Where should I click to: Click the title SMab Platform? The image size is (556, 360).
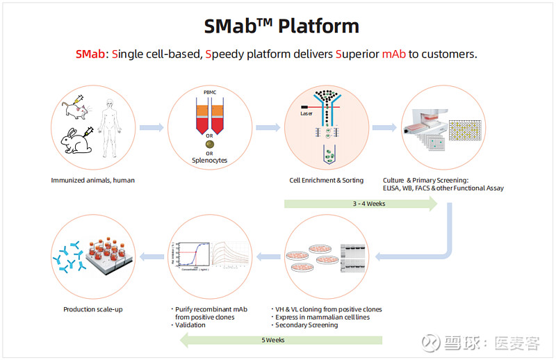pos(281,26)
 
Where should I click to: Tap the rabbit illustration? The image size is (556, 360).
pos(76,141)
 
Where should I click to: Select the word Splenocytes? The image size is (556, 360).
pos(210,161)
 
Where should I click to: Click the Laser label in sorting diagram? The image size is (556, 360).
pos(306,113)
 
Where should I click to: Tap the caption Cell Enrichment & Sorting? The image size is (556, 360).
pos(326,180)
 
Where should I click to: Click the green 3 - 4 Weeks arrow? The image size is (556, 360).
pos(360,204)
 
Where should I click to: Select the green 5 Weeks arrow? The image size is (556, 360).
pos(281,340)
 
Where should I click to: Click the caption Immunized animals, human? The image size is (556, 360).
pos(92,180)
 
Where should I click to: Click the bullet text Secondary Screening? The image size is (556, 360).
pos(306,325)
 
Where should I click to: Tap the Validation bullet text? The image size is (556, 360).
pos(191,325)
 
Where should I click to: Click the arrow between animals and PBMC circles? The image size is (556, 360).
pos(152,127)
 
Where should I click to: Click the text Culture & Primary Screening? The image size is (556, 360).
pos(426,180)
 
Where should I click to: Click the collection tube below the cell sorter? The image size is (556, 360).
pos(326,154)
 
